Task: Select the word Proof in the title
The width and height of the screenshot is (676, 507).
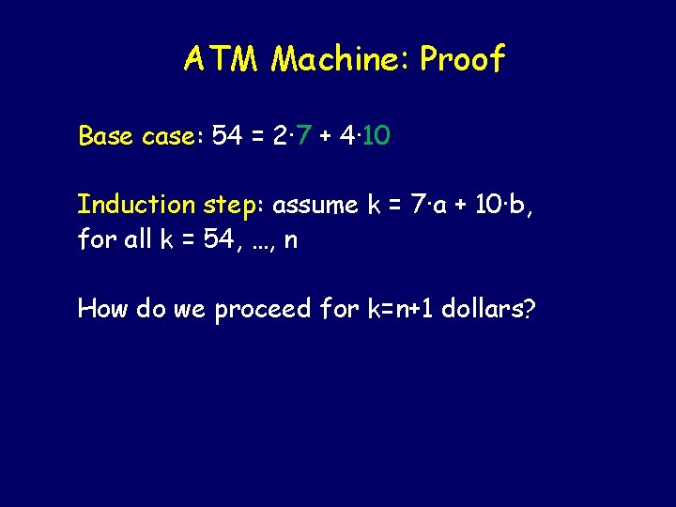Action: (x=463, y=60)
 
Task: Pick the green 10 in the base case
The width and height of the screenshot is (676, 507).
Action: (x=377, y=137)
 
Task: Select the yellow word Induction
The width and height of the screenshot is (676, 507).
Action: (x=135, y=205)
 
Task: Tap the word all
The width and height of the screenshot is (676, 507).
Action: (x=137, y=239)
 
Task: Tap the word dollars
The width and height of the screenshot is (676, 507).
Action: (x=489, y=308)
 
